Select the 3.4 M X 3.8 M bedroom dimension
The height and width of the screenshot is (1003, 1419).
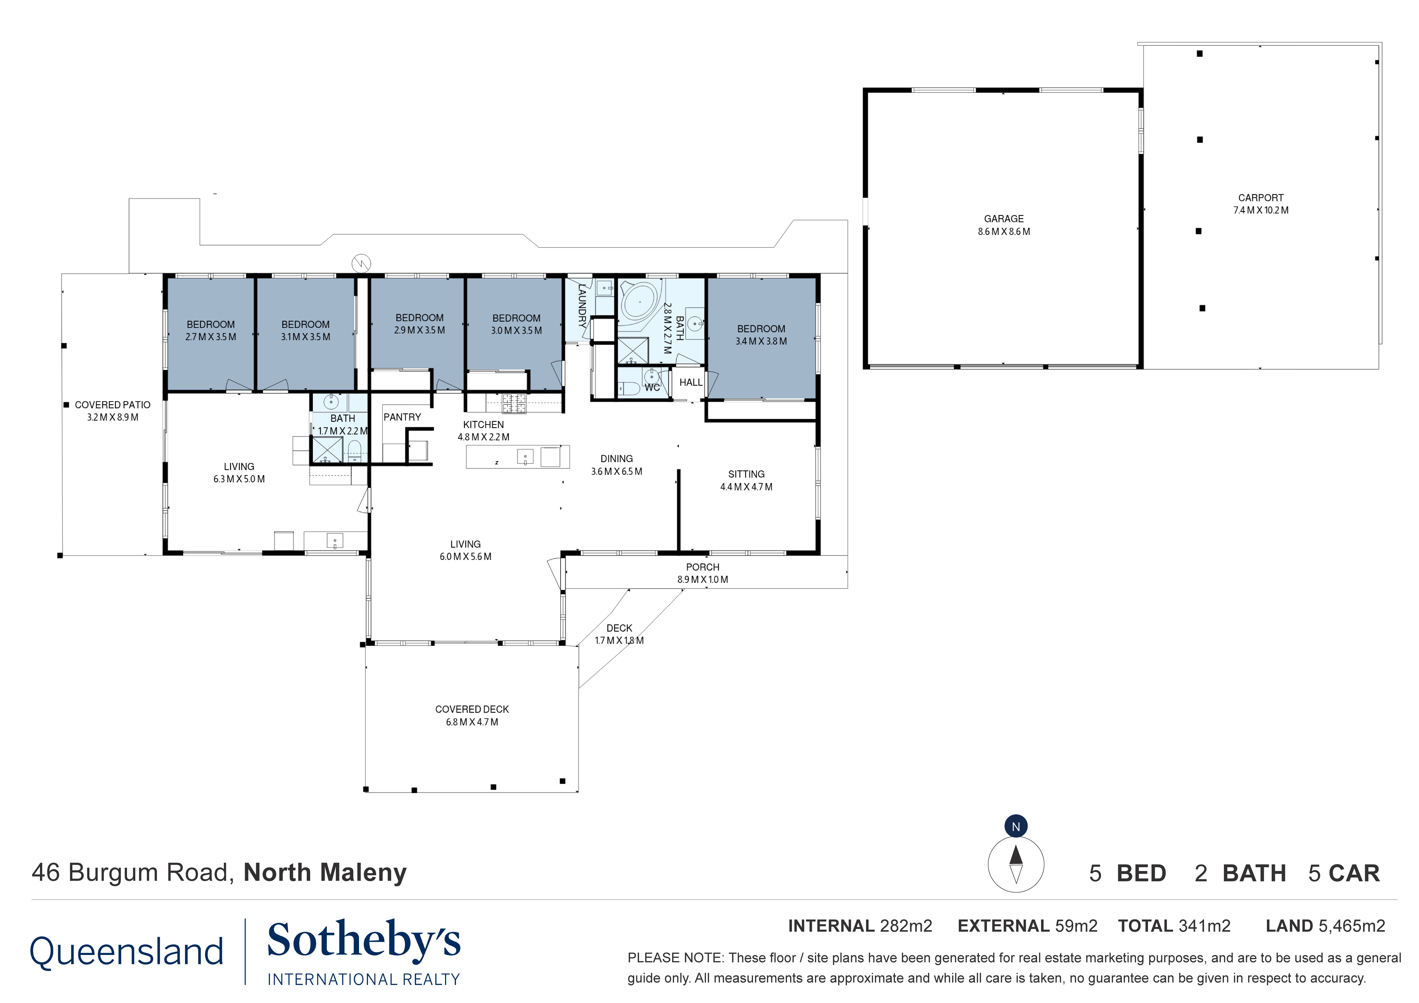tap(761, 341)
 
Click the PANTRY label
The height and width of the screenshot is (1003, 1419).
tap(402, 417)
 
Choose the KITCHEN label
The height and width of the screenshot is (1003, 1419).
tap(483, 425)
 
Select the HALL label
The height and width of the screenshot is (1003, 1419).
tap(690, 383)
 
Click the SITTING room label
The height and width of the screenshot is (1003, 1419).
tap(746, 474)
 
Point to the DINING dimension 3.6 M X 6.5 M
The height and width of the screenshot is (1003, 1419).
tap(616, 471)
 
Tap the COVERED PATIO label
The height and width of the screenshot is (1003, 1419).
tap(113, 405)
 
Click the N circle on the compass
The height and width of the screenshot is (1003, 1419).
tap(1016, 827)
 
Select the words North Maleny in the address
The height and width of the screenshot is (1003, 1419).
tap(325, 873)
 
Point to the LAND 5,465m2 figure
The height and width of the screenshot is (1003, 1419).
tap(1325, 926)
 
